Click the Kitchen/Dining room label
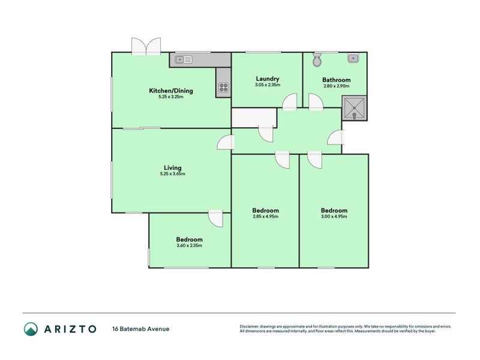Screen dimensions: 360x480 click(171, 91)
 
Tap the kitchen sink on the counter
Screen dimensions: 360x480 click(184, 59)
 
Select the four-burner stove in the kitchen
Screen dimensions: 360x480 click(223, 88)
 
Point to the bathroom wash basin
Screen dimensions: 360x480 click(354, 58)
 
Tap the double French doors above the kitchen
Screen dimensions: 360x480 click(147, 46)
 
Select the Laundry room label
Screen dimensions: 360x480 click(267, 79)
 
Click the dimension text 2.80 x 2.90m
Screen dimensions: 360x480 click(336, 87)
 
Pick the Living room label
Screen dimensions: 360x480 click(172, 167)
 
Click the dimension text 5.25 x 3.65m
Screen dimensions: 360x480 click(172, 174)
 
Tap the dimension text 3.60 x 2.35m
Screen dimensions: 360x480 click(189, 245)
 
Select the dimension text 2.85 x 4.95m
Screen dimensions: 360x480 click(265, 217)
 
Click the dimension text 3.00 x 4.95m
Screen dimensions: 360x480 click(334, 217)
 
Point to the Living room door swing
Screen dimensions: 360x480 click(225, 143)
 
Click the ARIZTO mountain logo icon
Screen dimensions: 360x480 click(31, 328)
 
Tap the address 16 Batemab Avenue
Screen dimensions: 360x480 click(140, 329)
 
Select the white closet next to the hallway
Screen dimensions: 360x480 click(253, 118)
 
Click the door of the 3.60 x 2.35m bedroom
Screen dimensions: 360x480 click(216, 218)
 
